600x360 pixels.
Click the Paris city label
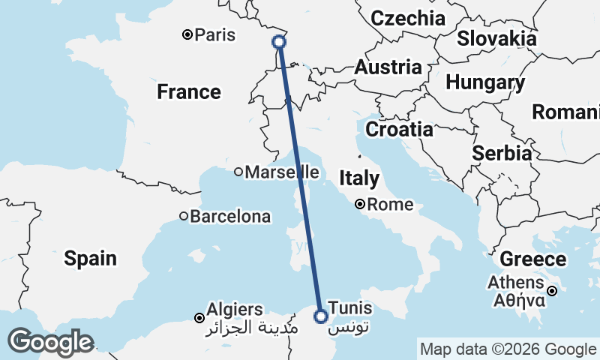pyautogui.click(x=214, y=35)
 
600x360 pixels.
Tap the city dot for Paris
pyautogui.click(x=187, y=34)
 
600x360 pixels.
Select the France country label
pyautogui.click(x=189, y=92)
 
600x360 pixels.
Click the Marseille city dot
pyautogui.click(x=238, y=172)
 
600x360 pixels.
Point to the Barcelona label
pyautogui.click(x=229, y=217)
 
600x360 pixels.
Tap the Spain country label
pyautogui.click(x=90, y=259)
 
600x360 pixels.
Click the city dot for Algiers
pyautogui.click(x=199, y=318)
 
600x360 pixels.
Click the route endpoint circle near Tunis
pyautogui.click(x=320, y=316)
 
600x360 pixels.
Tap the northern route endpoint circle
pyautogui.click(x=279, y=42)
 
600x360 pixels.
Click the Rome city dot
pyautogui.click(x=360, y=204)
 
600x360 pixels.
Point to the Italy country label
pyautogui.click(x=359, y=178)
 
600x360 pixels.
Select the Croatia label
pyautogui.click(x=399, y=129)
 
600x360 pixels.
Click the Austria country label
pyautogui.click(x=388, y=67)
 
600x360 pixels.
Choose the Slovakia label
pyautogui.click(x=496, y=38)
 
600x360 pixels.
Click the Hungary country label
pyautogui.click(x=484, y=82)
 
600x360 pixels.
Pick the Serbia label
pyautogui.click(x=502, y=153)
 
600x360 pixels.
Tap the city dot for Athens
pyautogui.click(x=552, y=291)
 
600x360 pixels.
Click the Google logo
pyautogui.click(x=50, y=342)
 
